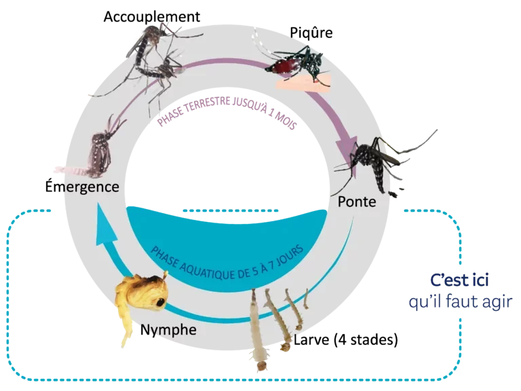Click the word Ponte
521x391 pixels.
coord(356,202)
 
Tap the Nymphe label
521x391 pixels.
coord(169,330)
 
